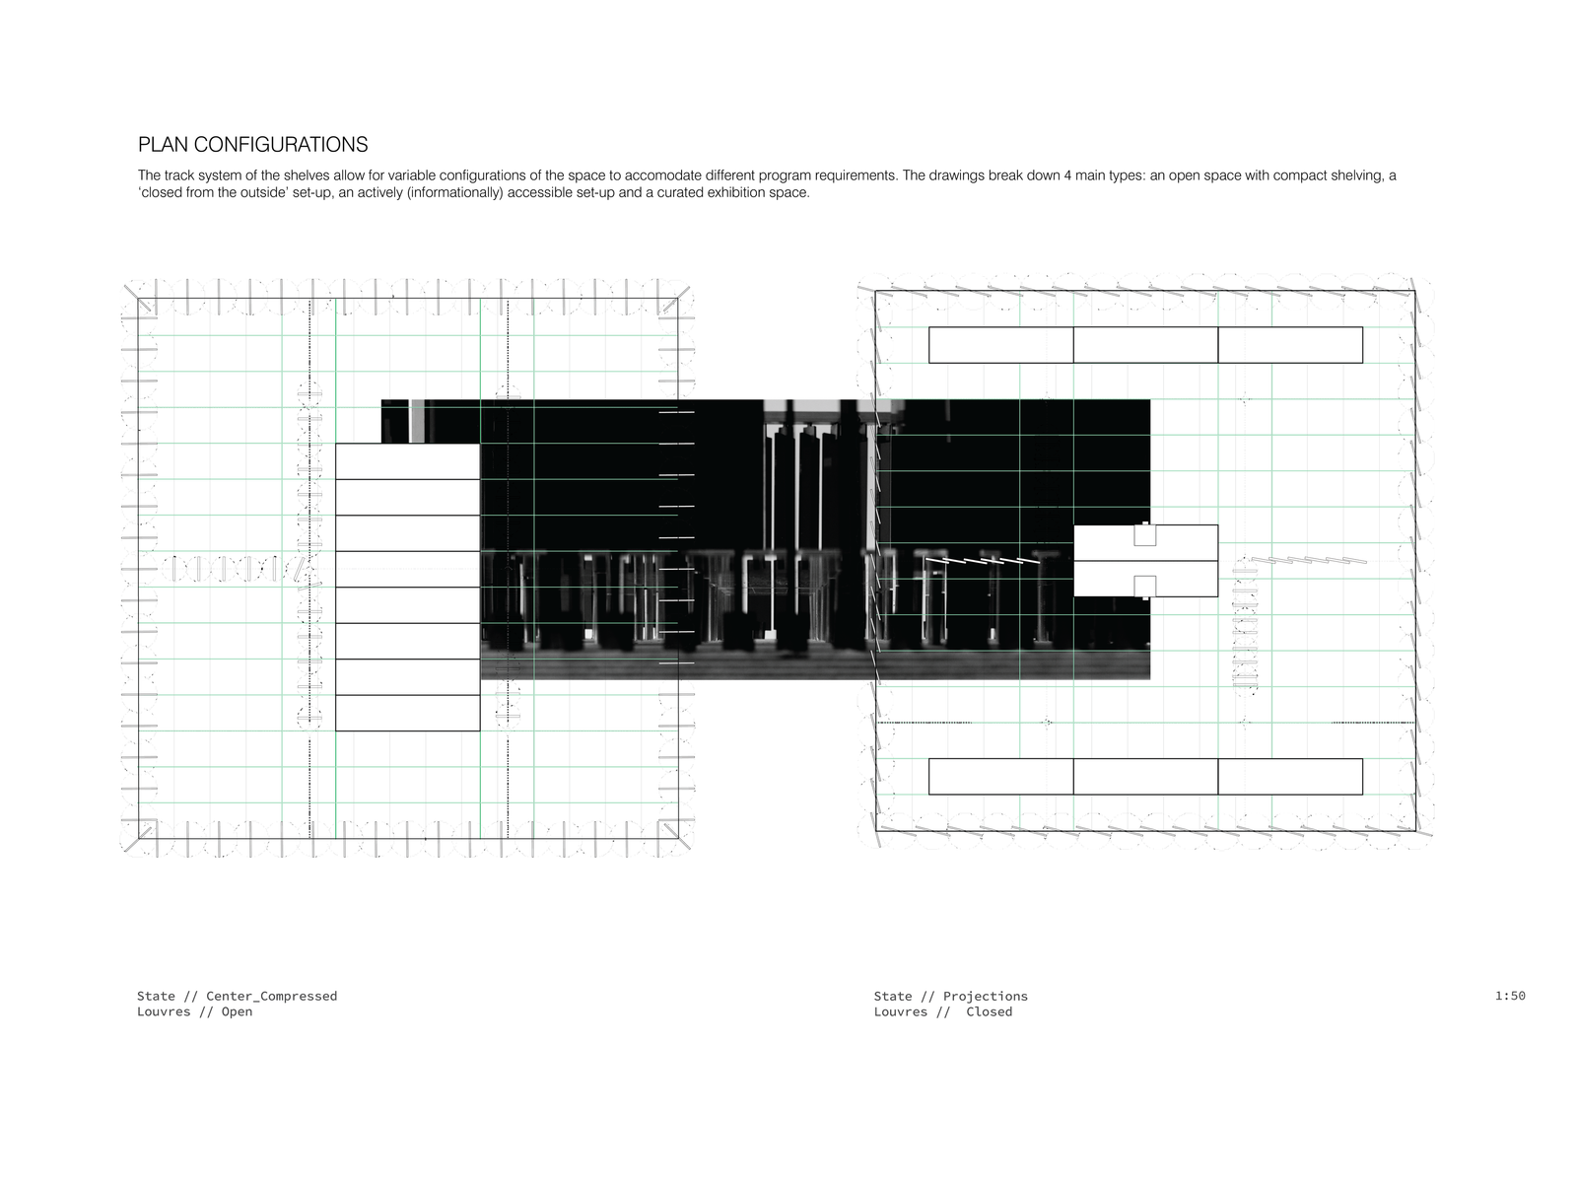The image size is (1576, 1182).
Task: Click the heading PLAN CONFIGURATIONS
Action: point(252,145)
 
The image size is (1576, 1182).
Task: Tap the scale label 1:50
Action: point(1510,996)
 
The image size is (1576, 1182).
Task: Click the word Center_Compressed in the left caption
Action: point(271,996)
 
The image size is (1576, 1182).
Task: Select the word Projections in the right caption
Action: point(985,997)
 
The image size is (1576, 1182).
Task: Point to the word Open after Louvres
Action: point(237,1011)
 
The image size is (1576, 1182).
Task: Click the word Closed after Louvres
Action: point(989,1011)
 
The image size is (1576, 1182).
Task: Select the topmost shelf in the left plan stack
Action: point(407,461)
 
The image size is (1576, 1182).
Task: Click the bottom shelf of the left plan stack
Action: point(407,713)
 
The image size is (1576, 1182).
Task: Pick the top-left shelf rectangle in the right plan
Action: point(1000,345)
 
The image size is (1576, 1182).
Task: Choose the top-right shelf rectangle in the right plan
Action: point(1290,345)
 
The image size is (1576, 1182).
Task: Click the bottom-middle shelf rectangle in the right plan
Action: point(1145,776)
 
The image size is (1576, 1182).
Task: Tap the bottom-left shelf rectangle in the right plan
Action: point(1000,776)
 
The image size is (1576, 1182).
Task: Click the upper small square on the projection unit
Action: point(1144,535)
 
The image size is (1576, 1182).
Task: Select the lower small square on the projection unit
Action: point(1144,586)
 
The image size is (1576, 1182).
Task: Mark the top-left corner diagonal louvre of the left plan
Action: point(138,298)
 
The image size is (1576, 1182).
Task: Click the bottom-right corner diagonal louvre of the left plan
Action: point(678,839)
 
